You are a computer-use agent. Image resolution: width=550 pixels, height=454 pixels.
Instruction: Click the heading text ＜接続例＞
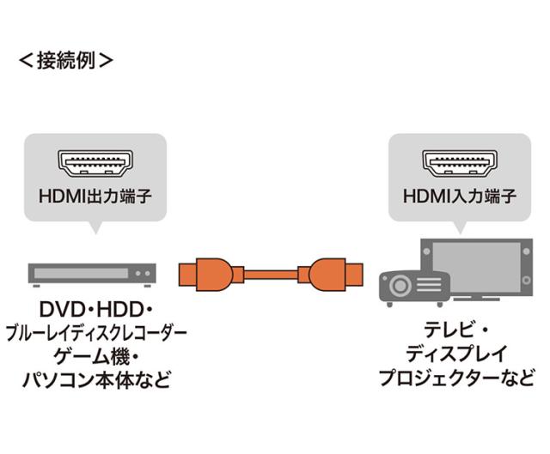point(66,62)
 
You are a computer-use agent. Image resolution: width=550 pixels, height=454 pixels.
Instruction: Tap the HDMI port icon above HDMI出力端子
point(95,161)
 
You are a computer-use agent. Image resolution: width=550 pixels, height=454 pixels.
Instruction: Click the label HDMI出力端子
point(95,197)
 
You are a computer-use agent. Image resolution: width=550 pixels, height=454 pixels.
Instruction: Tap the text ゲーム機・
point(95,355)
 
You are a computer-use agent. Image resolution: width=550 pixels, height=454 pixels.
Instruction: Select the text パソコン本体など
point(95,378)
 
